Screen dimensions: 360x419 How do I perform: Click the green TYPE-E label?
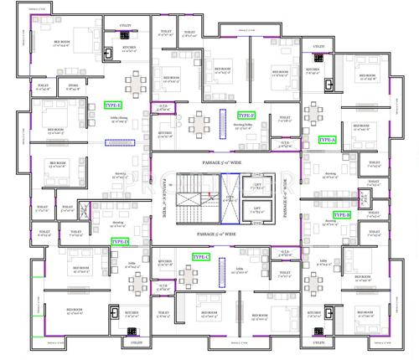(111, 105)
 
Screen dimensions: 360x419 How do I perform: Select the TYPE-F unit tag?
(246, 116)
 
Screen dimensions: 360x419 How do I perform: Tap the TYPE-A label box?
(327, 140)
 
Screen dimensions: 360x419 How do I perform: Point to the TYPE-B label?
(342, 215)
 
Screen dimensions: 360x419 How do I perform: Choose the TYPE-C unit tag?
(200, 257)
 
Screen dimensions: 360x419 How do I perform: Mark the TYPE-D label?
(120, 241)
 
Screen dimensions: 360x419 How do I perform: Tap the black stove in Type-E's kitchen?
(109, 51)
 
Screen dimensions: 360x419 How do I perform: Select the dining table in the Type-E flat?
(134, 84)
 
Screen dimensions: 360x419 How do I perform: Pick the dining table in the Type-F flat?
(199, 125)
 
